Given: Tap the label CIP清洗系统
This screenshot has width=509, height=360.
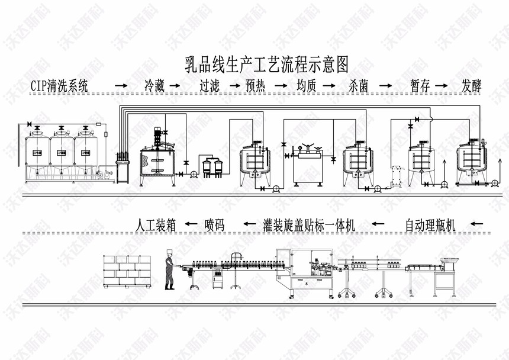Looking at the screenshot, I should tap(59, 86).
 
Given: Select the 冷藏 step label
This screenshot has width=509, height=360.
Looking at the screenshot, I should tap(156, 86).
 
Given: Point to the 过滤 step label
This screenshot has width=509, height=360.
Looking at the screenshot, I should tap(210, 86).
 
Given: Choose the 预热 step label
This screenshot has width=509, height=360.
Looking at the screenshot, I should tap(256, 86).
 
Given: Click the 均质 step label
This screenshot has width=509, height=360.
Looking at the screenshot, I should tap(306, 86).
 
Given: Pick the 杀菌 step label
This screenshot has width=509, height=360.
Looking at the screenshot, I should tap(359, 86).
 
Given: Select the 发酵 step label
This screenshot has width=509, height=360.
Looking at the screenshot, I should tap(472, 86).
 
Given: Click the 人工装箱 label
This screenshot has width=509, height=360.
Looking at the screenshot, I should tap(156, 225).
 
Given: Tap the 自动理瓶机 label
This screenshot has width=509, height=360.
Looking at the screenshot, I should tap(430, 225).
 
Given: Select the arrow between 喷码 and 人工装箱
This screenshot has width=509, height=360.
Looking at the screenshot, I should tap(190, 225).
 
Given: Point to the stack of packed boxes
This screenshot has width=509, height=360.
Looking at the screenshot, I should tap(127, 272).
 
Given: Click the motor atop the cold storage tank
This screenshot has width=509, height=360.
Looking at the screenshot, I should tap(158, 136).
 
